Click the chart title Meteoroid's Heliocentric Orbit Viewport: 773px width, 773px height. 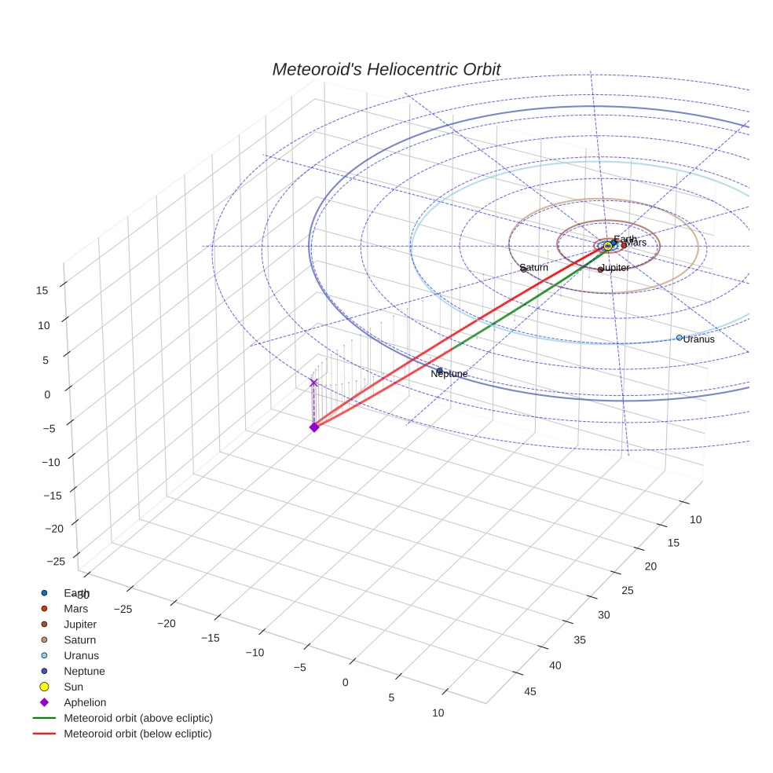[x=386, y=69]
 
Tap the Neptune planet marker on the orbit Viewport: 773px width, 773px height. [x=439, y=371]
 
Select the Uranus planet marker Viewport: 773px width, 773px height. [x=680, y=338]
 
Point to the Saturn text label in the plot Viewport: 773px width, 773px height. [x=534, y=268]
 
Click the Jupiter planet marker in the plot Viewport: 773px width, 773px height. [x=601, y=269]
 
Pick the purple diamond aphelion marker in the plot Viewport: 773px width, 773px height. [x=313, y=427]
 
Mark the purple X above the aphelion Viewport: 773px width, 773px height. [x=313, y=383]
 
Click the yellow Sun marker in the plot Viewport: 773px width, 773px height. [x=607, y=246]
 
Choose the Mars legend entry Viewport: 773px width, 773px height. [x=76, y=609]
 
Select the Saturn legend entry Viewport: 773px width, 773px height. [x=79, y=640]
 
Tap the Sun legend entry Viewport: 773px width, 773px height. [x=73, y=687]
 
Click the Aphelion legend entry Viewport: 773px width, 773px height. [x=85, y=703]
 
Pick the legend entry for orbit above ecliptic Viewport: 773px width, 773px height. [x=138, y=718]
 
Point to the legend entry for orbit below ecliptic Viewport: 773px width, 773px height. [x=137, y=734]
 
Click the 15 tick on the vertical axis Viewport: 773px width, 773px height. [x=42, y=290]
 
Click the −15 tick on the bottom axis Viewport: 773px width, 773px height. [x=210, y=638]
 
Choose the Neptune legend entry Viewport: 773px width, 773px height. [x=84, y=672]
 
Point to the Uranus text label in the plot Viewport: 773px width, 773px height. [x=698, y=339]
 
